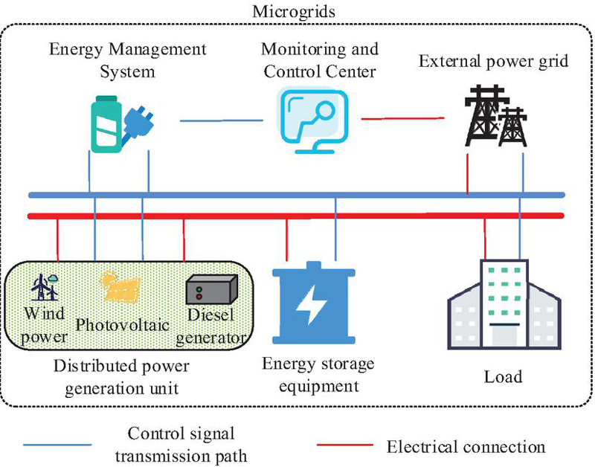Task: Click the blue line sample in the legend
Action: tap(58, 445)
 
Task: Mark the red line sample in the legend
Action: tap(344, 445)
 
